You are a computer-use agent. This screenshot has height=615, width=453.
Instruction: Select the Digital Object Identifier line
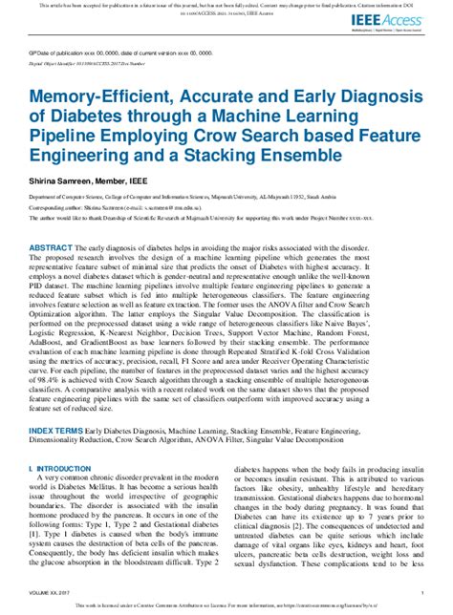pyautogui.click(x=105, y=65)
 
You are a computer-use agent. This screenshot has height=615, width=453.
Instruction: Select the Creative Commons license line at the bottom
pyautogui.click(x=226, y=604)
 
